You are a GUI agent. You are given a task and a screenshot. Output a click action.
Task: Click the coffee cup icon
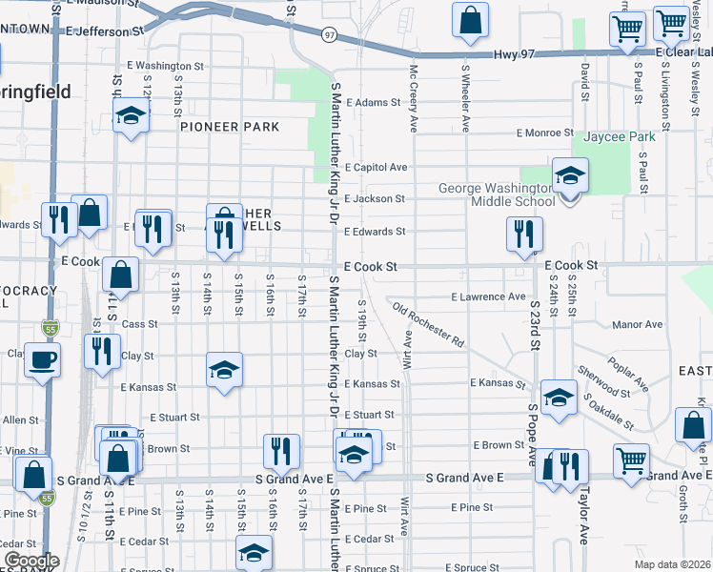pos(42,361)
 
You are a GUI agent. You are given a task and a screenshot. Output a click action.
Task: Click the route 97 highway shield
pos(329,34)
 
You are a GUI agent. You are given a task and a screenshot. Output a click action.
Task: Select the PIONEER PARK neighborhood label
pos(230,127)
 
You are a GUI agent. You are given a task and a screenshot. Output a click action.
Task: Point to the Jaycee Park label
pos(621,136)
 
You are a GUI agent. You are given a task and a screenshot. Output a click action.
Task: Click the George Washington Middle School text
pos(497,194)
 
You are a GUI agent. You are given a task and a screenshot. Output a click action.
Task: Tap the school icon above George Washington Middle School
pos(570,175)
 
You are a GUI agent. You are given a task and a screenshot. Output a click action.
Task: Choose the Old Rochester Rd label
pos(428,325)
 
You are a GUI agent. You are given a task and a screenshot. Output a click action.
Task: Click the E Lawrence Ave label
pos(489,296)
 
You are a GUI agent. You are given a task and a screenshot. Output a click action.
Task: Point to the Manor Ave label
pos(638,324)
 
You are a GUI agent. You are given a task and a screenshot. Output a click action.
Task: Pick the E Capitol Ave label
pos(377,167)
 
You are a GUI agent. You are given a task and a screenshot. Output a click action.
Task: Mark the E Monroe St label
pos(545,133)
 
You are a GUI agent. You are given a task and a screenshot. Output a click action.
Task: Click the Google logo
pos(31,561)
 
